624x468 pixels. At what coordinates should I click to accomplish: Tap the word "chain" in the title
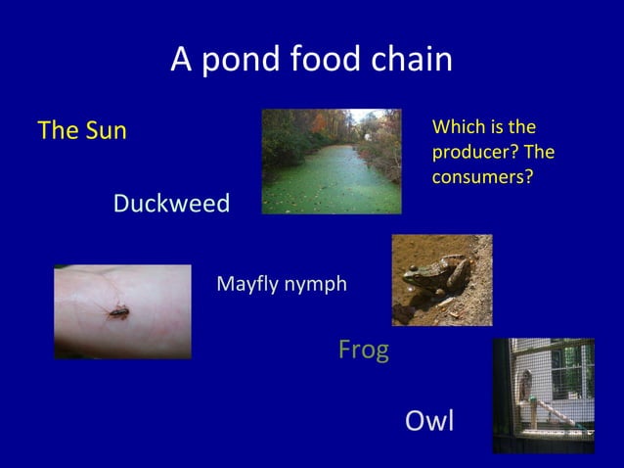[409, 61]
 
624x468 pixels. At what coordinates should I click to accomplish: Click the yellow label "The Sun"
[82, 130]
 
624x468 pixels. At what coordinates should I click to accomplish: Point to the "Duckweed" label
[171, 205]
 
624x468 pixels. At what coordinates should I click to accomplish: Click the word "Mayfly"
[246, 285]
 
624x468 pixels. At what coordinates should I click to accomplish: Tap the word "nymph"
[315, 285]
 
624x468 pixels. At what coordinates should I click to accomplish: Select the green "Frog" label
[363, 350]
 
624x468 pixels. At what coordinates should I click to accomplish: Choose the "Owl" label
[429, 422]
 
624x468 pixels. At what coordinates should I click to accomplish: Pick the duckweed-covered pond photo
[331, 162]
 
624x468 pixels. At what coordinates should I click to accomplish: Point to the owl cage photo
[543, 395]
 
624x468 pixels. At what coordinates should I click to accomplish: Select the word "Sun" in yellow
[105, 130]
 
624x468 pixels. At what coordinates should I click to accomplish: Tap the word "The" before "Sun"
[57, 130]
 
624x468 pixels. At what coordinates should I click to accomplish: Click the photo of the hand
[122, 311]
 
